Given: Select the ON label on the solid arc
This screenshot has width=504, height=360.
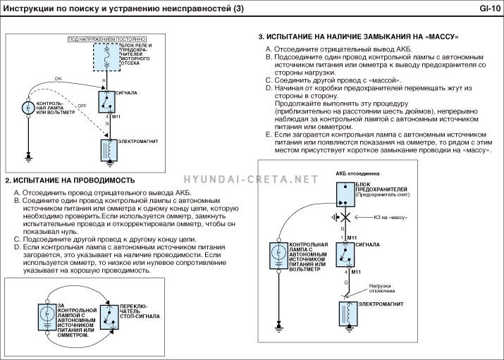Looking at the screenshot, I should tap(58, 79).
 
